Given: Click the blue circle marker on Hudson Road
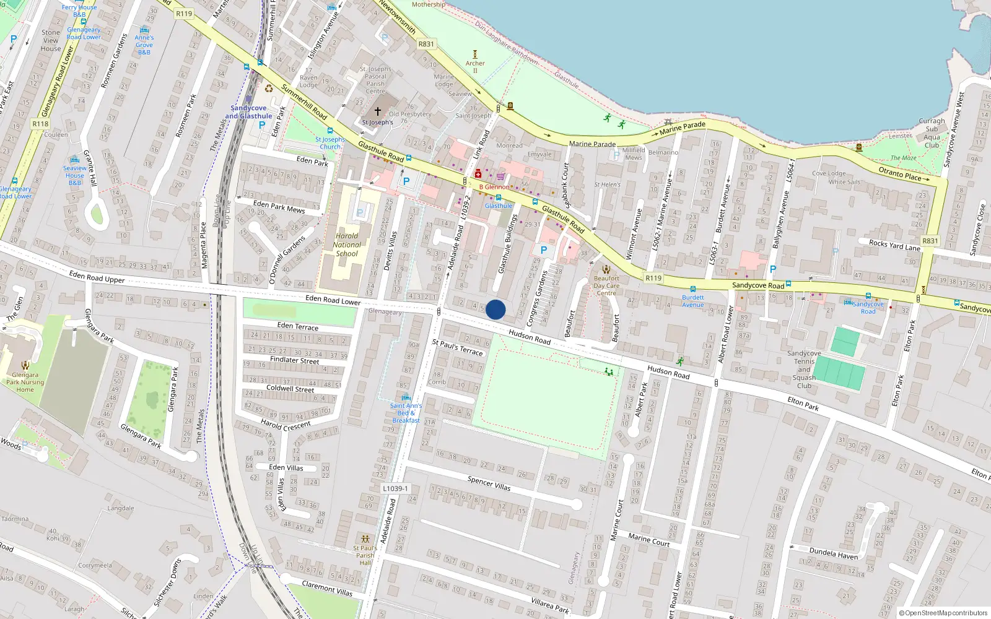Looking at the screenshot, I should point(495,309).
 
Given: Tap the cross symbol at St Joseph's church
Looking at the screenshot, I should point(377,112).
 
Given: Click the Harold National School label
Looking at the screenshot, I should point(347,245).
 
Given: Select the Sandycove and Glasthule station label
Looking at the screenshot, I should point(248,112).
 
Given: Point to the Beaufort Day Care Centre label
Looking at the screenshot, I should point(606,285).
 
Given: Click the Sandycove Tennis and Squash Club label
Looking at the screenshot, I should point(804,370).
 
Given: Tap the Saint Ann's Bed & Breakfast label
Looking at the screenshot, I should point(406,413).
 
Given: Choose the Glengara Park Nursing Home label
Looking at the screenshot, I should point(25,382).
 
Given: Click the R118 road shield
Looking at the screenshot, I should point(40,124).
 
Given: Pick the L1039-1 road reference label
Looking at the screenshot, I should point(395,488).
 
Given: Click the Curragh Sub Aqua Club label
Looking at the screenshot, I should point(932,133).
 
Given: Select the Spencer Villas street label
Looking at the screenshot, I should point(489,483).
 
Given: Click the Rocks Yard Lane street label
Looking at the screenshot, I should point(894,245).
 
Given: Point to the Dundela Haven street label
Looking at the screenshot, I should point(834,553).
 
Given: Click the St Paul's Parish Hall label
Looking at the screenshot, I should point(365,555).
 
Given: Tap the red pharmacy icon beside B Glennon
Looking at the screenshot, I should point(478,175).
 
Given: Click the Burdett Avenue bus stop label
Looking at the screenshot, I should point(693,301).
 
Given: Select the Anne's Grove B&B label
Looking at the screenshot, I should point(144,45).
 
